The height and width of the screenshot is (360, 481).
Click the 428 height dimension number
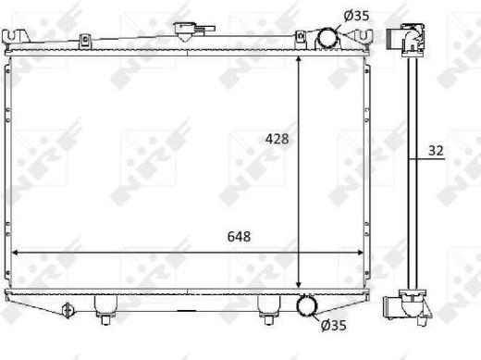[277, 139]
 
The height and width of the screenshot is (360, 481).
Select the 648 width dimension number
[239, 237]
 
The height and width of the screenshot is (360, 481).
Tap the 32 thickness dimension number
[436, 151]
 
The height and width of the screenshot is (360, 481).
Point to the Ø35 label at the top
[356, 16]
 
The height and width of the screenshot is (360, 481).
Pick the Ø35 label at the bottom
[333, 325]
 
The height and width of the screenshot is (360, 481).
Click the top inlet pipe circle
[328, 38]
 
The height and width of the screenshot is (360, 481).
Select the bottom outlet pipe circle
[307, 305]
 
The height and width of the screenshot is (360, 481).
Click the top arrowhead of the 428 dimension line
[298, 60]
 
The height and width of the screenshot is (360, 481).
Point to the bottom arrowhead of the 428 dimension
[298, 284]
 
